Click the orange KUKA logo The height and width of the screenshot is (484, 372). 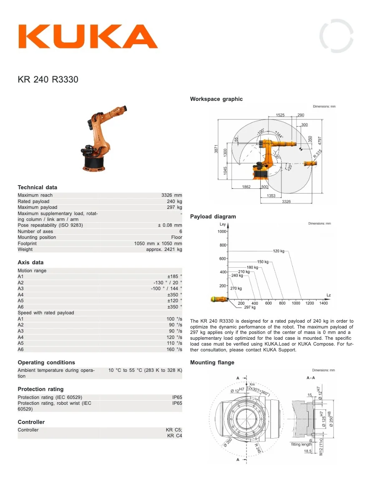[x=88, y=37]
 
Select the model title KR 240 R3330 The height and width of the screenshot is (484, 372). [x=48, y=79]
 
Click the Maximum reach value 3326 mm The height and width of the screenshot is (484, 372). [x=171, y=195]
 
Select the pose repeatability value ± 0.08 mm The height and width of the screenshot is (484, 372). [x=170, y=225]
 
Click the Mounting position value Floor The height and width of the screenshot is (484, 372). [x=176, y=237]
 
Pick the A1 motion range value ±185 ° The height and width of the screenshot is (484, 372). [x=174, y=276]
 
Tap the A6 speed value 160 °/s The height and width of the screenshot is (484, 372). [x=174, y=349]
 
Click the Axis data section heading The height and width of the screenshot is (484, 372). [x=30, y=262]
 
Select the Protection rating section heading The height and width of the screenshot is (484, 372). [x=40, y=389]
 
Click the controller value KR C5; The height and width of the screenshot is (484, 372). [x=174, y=430]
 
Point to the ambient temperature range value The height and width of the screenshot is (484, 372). [x=145, y=370]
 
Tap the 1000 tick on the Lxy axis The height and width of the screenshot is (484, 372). [x=221, y=231]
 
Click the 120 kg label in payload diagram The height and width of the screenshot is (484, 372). [x=279, y=251]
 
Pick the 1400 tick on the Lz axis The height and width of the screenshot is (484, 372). [x=323, y=303]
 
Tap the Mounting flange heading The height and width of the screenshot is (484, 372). [x=212, y=362]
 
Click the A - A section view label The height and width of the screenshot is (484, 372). [x=311, y=378]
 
